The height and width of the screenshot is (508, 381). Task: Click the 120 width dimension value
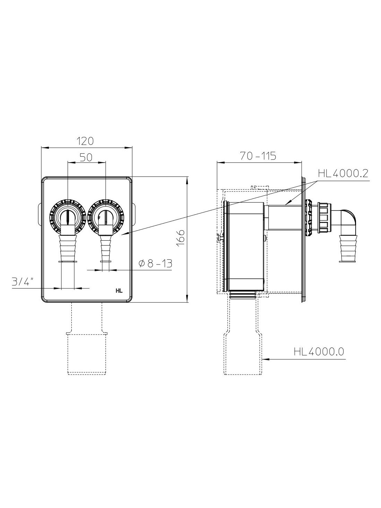[85, 141]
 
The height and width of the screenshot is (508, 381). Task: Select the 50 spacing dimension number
[86, 157]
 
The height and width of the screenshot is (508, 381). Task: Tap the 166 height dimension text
[181, 238]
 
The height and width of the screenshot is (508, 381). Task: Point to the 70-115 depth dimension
[258, 156]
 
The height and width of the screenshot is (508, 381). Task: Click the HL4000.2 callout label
[343, 174]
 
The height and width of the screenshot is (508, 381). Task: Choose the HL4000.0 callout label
[319, 352]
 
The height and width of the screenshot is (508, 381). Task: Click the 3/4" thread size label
[23, 282]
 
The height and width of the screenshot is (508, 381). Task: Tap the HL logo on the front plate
[119, 291]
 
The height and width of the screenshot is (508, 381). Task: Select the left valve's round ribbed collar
[68, 218]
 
